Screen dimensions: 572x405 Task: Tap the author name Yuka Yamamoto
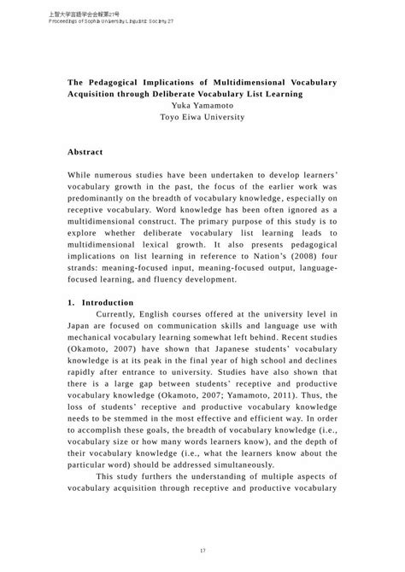click(x=202, y=106)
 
